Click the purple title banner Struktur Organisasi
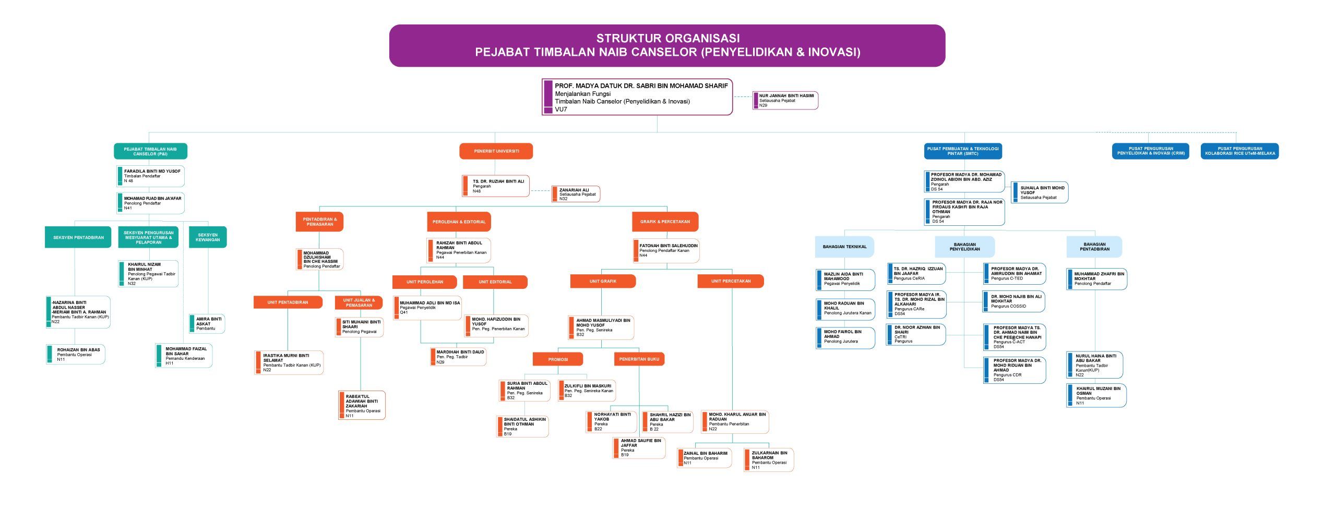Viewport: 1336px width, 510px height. pyautogui.click(x=667, y=45)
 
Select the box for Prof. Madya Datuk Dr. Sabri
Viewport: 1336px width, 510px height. pyautogui.click(x=637, y=97)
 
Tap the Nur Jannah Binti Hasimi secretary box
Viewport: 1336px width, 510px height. pyautogui.click(x=785, y=101)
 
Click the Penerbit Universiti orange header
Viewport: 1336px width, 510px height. pyautogui.click(x=496, y=151)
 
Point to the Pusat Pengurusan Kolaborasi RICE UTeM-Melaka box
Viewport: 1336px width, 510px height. pyautogui.click(x=1239, y=151)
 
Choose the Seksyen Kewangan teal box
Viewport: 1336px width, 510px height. pyautogui.click(x=208, y=237)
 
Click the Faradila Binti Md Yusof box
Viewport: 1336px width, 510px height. pyautogui.click(x=151, y=176)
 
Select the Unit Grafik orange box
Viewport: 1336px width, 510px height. pyautogui.click(x=603, y=282)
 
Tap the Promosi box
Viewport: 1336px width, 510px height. pyautogui.click(x=557, y=359)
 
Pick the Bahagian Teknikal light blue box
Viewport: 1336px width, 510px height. pyautogui.click(x=844, y=247)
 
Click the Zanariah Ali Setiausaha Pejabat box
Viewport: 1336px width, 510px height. pyautogui.click(x=576, y=194)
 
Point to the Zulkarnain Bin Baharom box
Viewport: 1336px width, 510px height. pyautogui.click(x=769, y=460)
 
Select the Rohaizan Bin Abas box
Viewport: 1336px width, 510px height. pyautogui.click(x=76, y=355)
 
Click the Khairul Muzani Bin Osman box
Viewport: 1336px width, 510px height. pyautogui.click(x=1096, y=396)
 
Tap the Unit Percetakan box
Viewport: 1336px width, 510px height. pyautogui.click(x=731, y=282)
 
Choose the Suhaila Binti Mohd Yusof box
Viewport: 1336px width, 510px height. pyautogui.click(x=1040, y=193)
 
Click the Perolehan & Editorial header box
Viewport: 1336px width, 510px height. pyautogui.click(x=459, y=222)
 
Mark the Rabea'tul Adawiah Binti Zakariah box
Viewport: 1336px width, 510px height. pyautogui.click(x=362, y=406)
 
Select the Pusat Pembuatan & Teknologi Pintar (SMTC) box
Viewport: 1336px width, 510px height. pyautogui.click(x=963, y=151)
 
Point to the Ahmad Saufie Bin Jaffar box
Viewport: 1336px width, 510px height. pyautogui.click(x=639, y=448)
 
